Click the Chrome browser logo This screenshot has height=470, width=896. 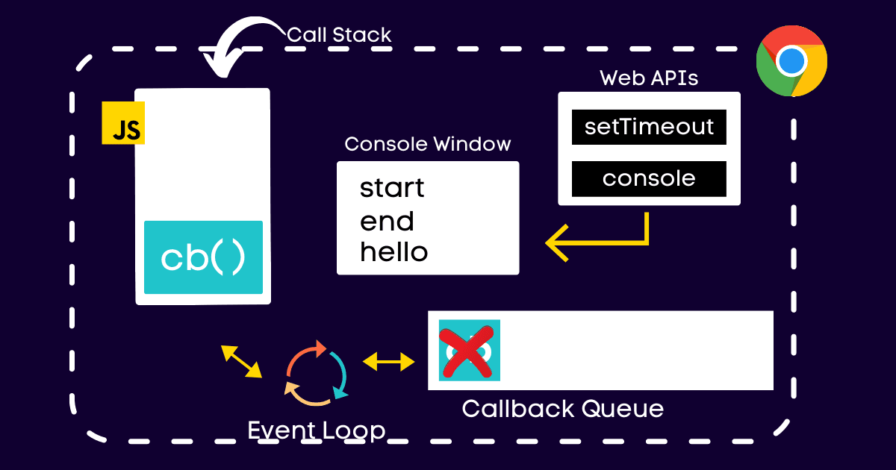tap(791, 60)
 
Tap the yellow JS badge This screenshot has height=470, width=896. tap(123, 123)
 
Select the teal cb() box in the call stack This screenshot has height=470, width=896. tap(203, 257)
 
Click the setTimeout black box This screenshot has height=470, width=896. tap(649, 126)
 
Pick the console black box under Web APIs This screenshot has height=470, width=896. tap(649, 178)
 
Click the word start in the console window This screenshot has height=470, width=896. tap(392, 187)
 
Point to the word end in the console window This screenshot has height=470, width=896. tap(387, 222)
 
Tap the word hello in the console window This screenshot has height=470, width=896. tap(394, 252)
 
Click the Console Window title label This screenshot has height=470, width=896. tap(428, 144)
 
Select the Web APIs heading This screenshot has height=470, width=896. tap(649, 78)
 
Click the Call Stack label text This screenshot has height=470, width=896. tap(339, 34)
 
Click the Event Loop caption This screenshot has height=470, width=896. tap(317, 430)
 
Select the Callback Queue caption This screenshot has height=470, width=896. tap(562, 409)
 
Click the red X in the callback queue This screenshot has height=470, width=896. tap(469, 350)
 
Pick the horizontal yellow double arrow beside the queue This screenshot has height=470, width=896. tap(388, 363)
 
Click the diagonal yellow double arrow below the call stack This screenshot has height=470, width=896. tap(241, 360)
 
